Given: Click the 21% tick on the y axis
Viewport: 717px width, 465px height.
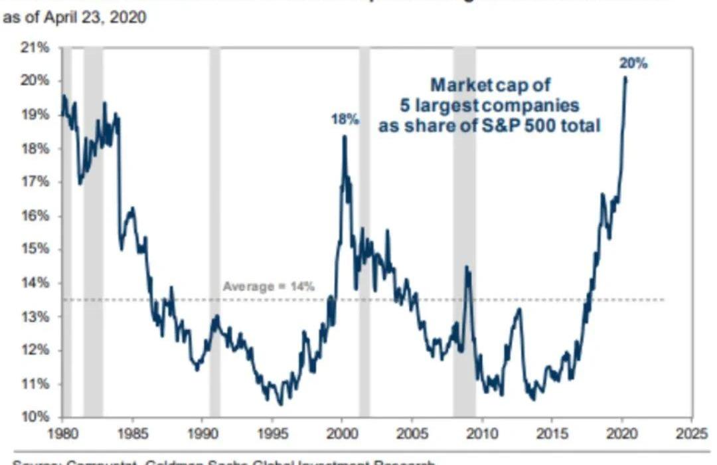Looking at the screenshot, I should [x=37, y=48].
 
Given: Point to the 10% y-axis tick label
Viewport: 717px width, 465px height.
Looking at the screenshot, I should [x=37, y=417].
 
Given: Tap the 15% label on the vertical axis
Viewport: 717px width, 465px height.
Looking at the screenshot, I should [x=37, y=249].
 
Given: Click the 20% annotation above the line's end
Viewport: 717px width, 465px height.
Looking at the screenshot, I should [x=633, y=64].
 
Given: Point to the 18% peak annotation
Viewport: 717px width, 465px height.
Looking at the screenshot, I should [x=345, y=120].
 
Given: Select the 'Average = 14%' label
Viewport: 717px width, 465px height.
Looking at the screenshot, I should [x=268, y=287].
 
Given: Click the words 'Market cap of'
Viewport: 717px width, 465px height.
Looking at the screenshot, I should [x=491, y=85].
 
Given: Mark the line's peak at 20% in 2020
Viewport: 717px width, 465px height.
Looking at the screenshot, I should [x=625, y=78].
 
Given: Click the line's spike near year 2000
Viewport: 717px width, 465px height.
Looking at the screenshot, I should [x=344, y=137].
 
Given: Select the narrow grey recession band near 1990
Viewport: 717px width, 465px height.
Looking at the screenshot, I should [x=214, y=232].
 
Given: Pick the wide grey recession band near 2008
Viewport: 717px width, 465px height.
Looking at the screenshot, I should [x=464, y=232].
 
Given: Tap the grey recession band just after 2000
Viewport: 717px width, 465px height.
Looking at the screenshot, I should [x=364, y=232].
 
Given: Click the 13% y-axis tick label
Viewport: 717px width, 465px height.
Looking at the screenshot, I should [x=37, y=317].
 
